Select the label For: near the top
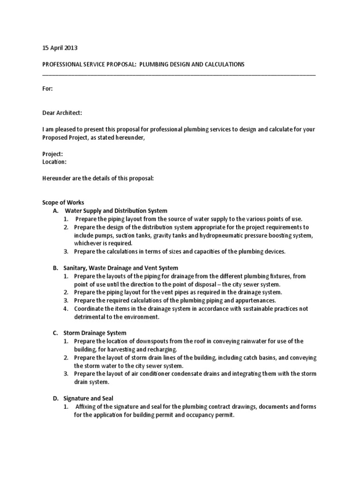47,89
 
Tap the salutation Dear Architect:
62,113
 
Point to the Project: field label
52,154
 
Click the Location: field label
54,162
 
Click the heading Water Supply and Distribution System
116,211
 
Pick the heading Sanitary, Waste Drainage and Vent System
121,268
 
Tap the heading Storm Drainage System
95,333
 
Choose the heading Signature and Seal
89,398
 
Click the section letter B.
55,268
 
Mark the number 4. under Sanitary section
66,309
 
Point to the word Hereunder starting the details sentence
57,178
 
